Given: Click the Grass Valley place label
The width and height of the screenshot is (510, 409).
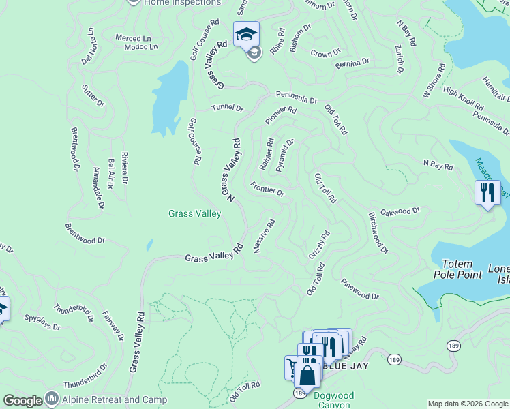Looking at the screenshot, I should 195,214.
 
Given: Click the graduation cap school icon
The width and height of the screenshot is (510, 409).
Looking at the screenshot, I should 246,33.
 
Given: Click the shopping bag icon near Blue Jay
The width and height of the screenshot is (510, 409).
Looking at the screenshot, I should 307,376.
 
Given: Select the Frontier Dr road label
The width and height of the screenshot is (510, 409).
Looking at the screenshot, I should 267,189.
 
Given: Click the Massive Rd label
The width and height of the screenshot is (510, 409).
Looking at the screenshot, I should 264,236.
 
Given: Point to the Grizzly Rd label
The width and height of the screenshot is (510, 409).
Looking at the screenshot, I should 318,245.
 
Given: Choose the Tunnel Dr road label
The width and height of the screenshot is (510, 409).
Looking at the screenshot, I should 227,108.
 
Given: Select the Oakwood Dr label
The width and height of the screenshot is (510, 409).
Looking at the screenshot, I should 400,211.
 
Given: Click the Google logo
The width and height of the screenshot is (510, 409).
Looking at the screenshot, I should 22,402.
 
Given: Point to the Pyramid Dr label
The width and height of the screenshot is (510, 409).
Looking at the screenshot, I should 285,155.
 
